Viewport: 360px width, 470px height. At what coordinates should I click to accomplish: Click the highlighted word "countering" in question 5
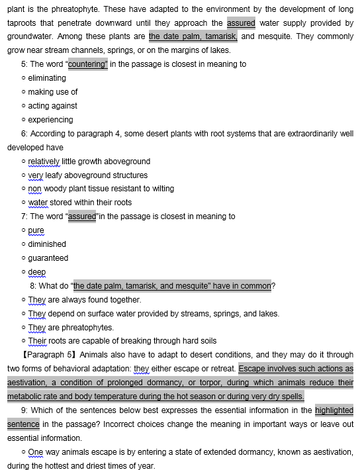(87, 64)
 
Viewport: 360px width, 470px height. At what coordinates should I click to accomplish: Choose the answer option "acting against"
(52, 106)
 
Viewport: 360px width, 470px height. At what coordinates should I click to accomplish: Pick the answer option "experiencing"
(50, 120)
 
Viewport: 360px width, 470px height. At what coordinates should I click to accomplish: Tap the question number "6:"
(24, 134)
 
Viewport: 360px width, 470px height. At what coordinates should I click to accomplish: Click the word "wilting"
(163, 189)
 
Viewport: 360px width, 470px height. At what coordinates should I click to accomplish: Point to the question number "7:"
(24, 216)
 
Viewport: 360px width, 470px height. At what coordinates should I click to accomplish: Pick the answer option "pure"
(36, 230)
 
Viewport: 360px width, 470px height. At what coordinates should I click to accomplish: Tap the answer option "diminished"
(47, 244)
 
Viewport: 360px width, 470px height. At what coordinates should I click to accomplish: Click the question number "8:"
(34, 286)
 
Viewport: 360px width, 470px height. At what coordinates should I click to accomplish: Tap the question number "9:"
(24, 410)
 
